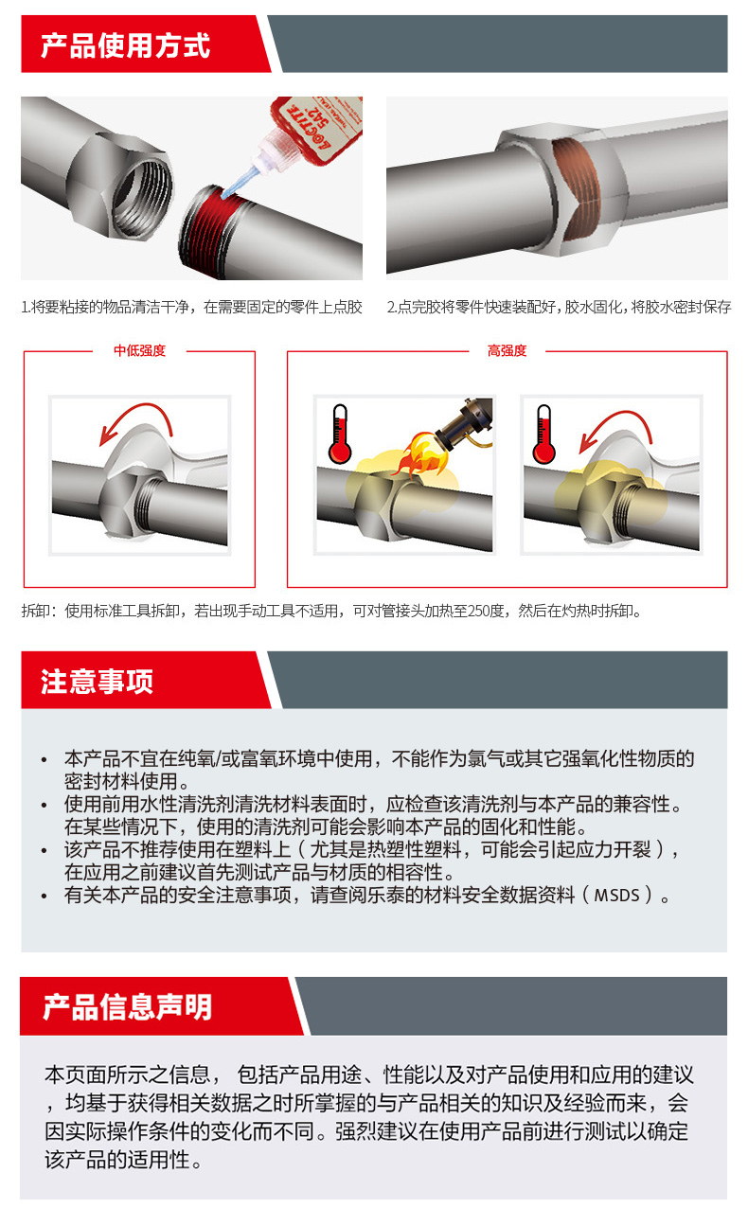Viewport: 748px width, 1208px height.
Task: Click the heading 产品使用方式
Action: click(x=125, y=45)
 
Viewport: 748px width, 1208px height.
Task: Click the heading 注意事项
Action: click(x=98, y=681)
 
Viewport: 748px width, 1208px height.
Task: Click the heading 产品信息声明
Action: click(x=127, y=1006)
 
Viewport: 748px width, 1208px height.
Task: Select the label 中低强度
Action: click(x=140, y=350)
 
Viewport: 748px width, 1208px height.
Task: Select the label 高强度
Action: click(x=507, y=350)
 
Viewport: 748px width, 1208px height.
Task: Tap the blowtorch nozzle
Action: click(x=465, y=423)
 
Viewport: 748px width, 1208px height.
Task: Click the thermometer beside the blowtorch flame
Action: click(x=340, y=435)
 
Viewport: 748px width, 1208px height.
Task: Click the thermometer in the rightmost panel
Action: click(x=544, y=435)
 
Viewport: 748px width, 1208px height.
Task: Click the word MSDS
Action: click(x=616, y=896)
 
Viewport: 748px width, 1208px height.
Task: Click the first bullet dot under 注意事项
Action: click(x=45, y=760)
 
